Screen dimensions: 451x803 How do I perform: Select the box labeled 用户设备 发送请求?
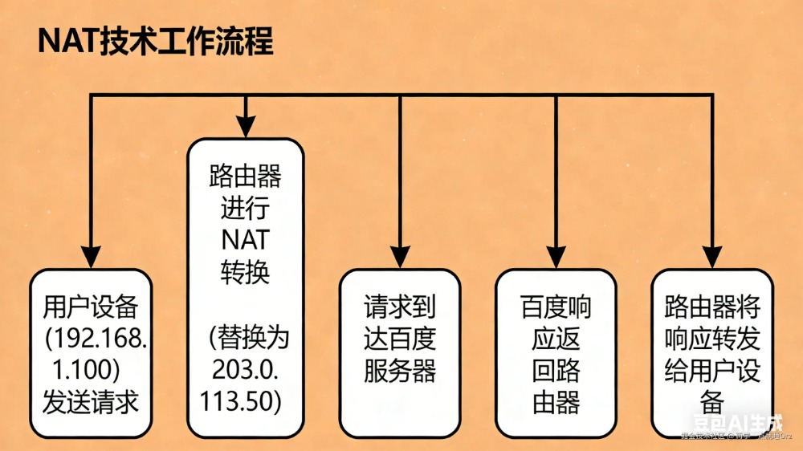pos(91,353)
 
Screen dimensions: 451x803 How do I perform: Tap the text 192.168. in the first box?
pos(96,336)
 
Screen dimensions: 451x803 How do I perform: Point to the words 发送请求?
pos(91,400)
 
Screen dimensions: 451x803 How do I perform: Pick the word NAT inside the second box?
pos(245,240)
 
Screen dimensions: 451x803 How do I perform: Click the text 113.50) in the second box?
pos(245,400)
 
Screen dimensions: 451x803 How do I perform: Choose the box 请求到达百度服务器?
pos(400,353)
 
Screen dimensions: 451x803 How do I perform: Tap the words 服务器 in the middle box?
pos(400,371)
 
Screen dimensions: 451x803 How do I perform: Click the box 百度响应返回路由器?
pos(556,353)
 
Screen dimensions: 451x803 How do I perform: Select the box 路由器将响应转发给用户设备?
pos(711,353)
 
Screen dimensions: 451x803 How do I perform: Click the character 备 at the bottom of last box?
pos(711,399)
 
